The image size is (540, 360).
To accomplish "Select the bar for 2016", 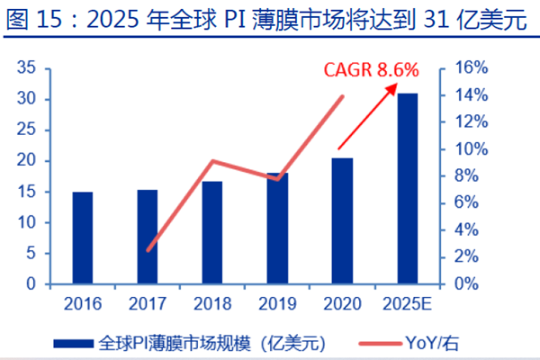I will pyautogui.click(x=83, y=238).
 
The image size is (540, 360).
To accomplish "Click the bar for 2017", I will pyautogui.click(x=148, y=237).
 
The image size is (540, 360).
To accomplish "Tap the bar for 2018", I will pyautogui.click(x=211, y=232).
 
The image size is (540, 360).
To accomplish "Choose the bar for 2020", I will pyautogui.click(x=342, y=220).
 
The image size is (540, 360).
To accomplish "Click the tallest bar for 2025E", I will pyautogui.click(x=407, y=188).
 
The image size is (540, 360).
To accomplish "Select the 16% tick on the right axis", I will pyautogui.click(x=471, y=68).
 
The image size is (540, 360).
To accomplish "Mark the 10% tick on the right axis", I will pyautogui.click(x=471, y=149).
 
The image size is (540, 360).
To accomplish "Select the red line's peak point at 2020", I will pyautogui.click(x=343, y=96).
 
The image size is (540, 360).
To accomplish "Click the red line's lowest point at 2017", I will pyautogui.click(x=148, y=250).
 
